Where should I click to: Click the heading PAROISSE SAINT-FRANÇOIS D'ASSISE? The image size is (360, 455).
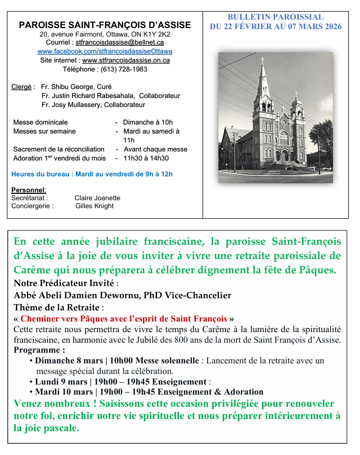point(104,25)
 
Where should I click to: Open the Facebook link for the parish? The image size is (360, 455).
point(104,51)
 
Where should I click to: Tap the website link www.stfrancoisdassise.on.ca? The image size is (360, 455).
point(126,60)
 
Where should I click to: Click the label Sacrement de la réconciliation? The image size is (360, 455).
point(58,149)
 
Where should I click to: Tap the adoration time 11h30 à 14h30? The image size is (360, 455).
point(146,158)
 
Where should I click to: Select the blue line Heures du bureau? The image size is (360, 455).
point(92,174)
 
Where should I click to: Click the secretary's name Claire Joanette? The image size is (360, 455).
point(98,198)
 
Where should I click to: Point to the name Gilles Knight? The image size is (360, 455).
point(94,206)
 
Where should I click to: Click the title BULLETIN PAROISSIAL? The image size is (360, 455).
point(275,17)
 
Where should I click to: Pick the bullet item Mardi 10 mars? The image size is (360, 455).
point(65,392)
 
